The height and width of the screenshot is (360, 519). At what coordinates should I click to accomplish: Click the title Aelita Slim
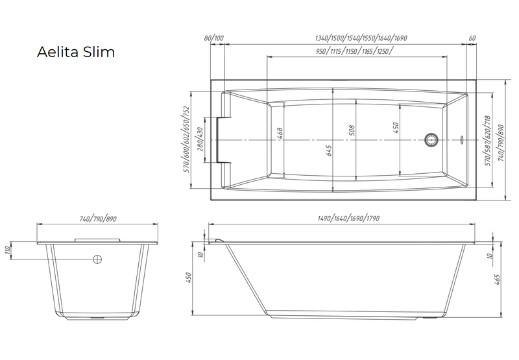[x=76, y=52]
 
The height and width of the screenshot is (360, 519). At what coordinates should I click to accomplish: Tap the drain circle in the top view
[x=431, y=139]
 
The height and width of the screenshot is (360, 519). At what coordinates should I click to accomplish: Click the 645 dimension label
[x=329, y=150]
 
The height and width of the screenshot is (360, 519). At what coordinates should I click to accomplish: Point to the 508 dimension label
[x=352, y=130]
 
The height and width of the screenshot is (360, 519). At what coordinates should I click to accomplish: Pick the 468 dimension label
[x=280, y=134]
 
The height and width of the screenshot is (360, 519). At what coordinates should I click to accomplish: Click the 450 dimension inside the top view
[x=396, y=128]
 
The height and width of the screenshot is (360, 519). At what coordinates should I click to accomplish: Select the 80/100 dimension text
[x=214, y=38]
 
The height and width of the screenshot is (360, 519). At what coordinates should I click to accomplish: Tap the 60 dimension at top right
[x=472, y=38]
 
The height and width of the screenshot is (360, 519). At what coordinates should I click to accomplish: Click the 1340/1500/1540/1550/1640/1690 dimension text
[x=361, y=38]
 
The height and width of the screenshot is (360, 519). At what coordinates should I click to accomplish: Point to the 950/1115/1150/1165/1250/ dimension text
[x=355, y=51]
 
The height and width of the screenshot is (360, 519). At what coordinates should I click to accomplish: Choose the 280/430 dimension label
[x=200, y=139]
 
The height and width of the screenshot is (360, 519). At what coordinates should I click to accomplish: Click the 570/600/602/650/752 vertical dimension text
[x=186, y=139]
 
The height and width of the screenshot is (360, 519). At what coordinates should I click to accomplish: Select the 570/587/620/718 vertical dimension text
[x=487, y=141]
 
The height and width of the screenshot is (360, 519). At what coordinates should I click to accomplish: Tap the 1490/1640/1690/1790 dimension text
[x=348, y=219]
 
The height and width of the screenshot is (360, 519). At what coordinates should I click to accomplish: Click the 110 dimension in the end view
[x=7, y=250]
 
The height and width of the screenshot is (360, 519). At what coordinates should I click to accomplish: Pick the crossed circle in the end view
[x=97, y=259]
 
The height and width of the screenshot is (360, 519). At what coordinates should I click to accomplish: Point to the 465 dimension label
[x=497, y=280]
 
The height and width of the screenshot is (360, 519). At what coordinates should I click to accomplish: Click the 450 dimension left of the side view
[x=189, y=278]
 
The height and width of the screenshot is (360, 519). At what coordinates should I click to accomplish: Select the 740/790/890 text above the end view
[x=98, y=219]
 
